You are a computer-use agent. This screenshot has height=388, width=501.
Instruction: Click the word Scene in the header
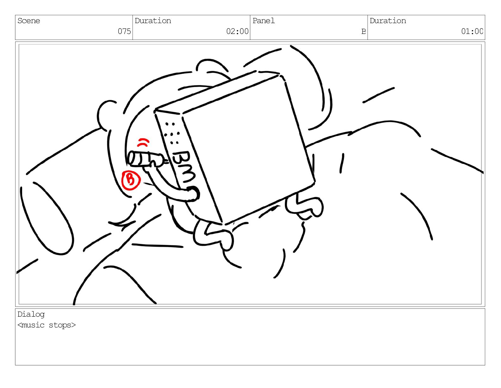coord(28,21)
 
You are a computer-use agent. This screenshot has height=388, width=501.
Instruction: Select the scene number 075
coord(124,31)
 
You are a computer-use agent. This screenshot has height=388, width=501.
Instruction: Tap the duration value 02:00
coord(237,31)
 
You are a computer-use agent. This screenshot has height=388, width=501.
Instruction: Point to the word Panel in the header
coord(263,21)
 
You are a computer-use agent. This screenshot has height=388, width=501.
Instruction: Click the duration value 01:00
coord(472,31)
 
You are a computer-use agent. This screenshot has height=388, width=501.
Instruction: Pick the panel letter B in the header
coord(364,31)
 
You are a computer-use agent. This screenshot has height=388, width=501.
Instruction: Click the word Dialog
coord(31,314)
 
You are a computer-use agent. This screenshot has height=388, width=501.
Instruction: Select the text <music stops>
coord(46,325)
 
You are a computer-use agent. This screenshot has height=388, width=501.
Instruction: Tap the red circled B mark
coord(131,180)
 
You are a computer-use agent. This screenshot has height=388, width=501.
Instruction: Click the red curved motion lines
coord(143,143)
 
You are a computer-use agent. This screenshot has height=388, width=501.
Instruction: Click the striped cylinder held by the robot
coord(145,159)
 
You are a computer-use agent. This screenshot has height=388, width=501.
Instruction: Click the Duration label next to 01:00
coord(388,21)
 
